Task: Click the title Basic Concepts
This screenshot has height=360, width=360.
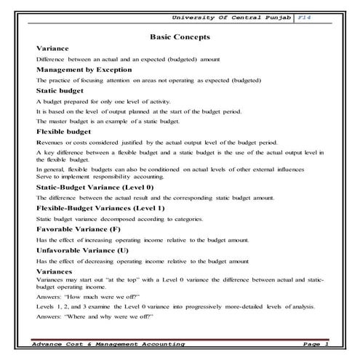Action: point(179,35)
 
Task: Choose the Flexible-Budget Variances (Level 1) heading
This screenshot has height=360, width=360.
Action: point(100,207)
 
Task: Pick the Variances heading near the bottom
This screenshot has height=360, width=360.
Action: point(53,271)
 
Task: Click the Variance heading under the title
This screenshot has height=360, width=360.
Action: point(52,48)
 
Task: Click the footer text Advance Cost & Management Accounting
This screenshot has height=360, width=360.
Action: point(109,343)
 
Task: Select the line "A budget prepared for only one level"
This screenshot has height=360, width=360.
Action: point(97,101)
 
